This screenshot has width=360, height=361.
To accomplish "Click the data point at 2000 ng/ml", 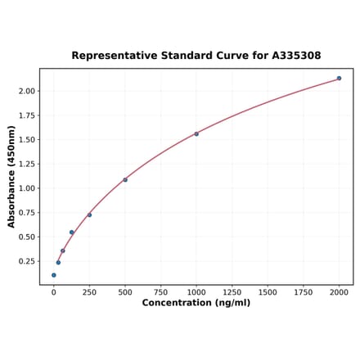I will click(339, 79).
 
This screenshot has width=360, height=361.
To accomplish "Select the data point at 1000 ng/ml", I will click(196, 134).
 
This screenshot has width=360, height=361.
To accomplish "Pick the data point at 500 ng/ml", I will click(125, 179).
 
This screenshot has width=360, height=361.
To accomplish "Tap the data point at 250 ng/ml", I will click(89, 215).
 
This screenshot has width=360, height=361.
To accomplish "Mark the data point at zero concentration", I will click(54, 275).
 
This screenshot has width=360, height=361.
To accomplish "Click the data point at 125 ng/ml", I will click(71, 232).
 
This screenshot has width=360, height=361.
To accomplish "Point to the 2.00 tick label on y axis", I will click(27, 91).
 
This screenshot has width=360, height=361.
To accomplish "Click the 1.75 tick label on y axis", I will click(27, 115).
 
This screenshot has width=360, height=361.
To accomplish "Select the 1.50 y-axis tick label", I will click(27, 139).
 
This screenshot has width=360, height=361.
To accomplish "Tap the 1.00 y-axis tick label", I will click(27, 188).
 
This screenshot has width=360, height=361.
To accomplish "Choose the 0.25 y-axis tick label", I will click(27, 261).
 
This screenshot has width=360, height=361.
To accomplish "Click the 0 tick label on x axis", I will click(54, 292).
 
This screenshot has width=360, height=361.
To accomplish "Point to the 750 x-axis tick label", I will click(160, 292).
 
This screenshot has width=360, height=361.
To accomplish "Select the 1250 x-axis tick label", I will click(232, 292).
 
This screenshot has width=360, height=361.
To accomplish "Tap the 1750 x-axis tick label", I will click(304, 292).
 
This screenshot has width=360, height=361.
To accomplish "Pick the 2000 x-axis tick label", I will click(339, 292).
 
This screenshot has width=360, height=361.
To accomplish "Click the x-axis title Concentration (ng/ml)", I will click(196, 303).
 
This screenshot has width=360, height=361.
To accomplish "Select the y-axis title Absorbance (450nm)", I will click(11, 176).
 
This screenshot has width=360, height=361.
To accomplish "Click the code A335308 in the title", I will click(291, 56).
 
